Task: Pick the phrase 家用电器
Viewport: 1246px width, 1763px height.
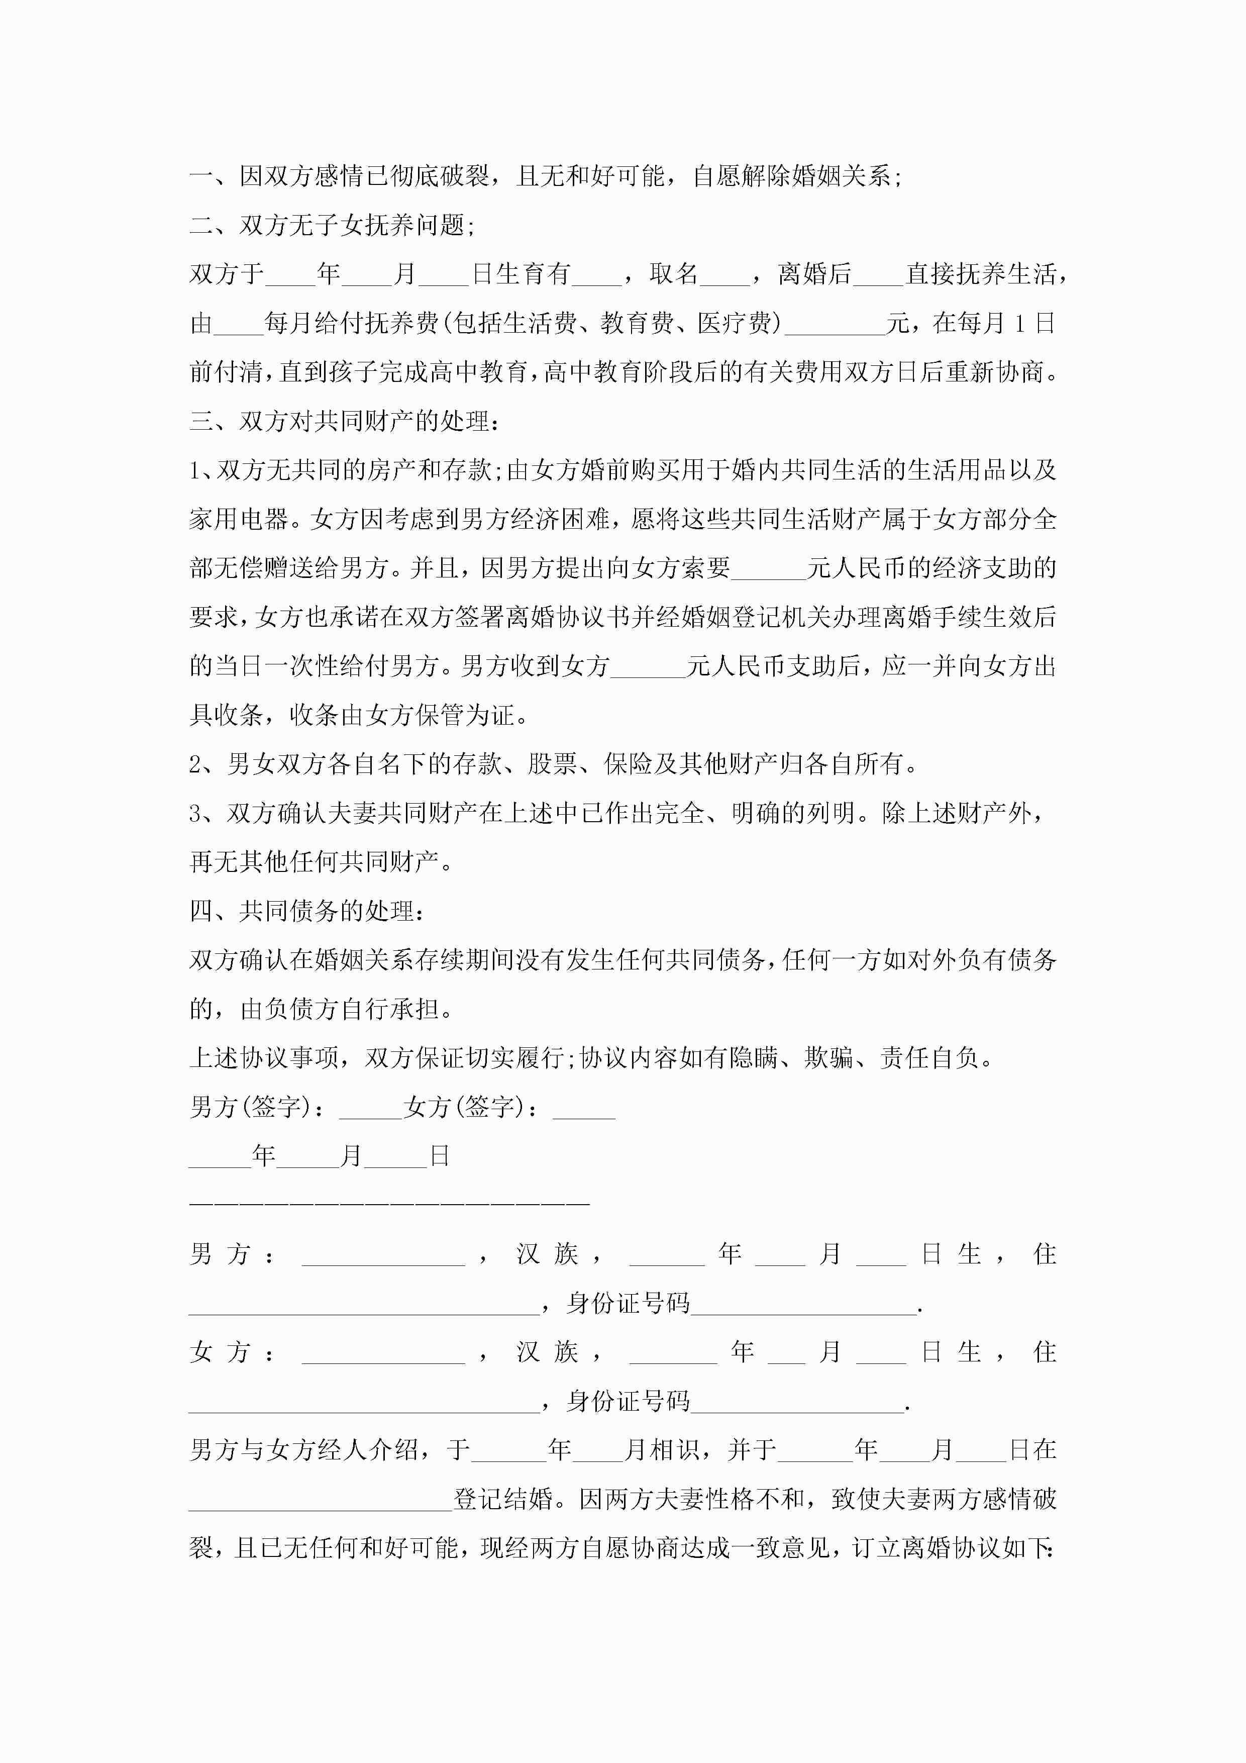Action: pyautogui.click(x=239, y=520)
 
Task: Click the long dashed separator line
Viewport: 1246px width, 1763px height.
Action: pyautogui.click(x=389, y=1203)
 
